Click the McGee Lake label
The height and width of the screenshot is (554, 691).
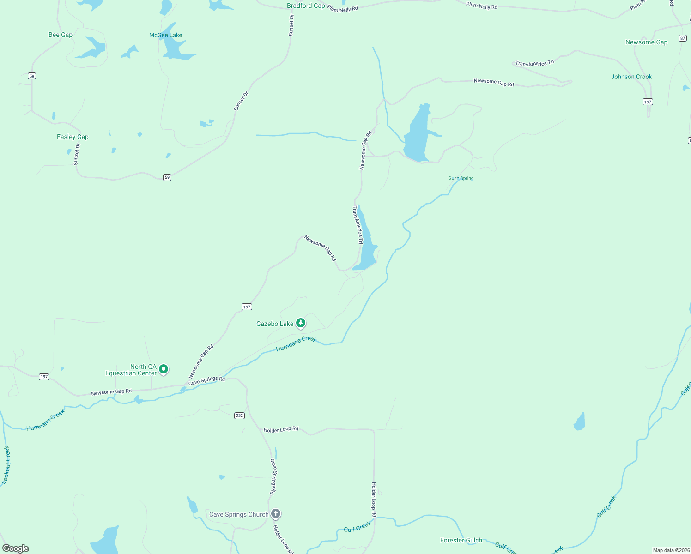(165, 35)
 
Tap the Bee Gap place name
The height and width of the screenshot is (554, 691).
(61, 35)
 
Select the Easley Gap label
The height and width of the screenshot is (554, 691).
(73, 137)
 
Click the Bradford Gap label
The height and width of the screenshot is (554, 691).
(306, 6)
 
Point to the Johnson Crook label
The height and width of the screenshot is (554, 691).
(631, 77)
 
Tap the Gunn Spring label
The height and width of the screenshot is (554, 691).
(461, 178)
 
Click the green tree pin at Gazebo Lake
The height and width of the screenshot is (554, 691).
(301, 323)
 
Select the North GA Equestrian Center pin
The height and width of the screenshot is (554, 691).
(164, 369)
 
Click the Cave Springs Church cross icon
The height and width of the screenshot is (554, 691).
(276, 513)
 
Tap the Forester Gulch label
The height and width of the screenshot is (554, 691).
(461, 540)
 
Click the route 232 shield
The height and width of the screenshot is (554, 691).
(239, 415)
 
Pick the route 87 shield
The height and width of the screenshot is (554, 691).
(683, 38)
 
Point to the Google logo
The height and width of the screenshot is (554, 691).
(16, 548)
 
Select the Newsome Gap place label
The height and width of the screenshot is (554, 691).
(646, 42)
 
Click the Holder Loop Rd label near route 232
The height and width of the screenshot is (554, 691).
(281, 429)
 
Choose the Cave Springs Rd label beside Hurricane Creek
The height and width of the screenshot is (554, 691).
(206, 380)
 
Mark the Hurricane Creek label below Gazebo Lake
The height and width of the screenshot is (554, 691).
(296, 343)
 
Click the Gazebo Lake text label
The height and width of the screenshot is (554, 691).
(275, 324)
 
